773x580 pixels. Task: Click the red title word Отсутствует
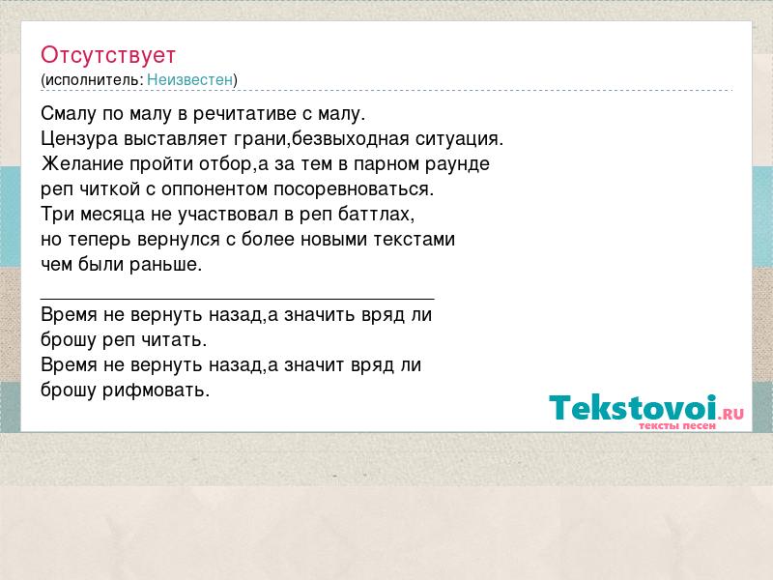[108, 55]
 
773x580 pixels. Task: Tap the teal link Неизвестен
[189, 79]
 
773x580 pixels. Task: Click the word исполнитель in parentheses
[94, 79]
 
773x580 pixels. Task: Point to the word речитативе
[244, 114]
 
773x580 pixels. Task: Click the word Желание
[83, 163]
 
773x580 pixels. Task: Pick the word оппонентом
[215, 189]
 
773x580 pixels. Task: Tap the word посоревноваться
[354, 189]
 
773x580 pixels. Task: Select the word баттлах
[376, 214]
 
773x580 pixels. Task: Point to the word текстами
[415, 239]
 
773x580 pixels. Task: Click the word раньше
[165, 264]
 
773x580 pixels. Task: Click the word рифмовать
[156, 391]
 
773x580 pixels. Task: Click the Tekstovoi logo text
[633, 407]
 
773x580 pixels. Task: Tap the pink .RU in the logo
[731, 413]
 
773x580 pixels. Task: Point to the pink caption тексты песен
[677, 425]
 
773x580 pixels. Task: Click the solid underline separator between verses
[237, 299]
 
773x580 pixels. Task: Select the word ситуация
[460, 139]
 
